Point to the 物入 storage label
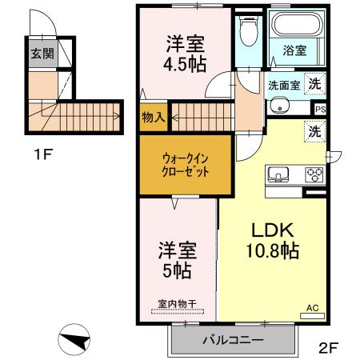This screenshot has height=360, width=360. tap(153, 117)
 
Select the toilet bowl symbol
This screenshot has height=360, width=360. tap(248, 34)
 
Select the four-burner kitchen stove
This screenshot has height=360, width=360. tap(313, 174)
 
